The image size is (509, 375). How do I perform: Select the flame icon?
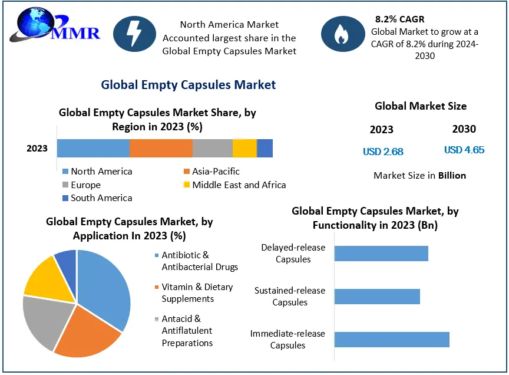(x=341, y=35)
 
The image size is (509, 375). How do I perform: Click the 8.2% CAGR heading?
(x=399, y=19)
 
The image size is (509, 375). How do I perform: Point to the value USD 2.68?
(x=383, y=152)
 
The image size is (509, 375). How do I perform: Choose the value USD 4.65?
(x=464, y=150)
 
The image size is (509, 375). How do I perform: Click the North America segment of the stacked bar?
(x=93, y=148)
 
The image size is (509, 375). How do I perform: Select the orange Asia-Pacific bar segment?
(x=161, y=148)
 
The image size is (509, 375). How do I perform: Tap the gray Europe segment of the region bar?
(x=213, y=148)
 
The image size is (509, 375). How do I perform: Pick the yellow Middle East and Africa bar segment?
(x=244, y=148)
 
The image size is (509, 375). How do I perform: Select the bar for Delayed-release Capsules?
(x=381, y=254)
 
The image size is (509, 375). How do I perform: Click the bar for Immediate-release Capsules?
(x=392, y=340)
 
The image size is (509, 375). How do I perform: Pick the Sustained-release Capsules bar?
(x=377, y=297)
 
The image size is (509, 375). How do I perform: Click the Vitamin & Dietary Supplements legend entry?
(x=197, y=293)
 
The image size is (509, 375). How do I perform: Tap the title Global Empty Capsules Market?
(x=188, y=85)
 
